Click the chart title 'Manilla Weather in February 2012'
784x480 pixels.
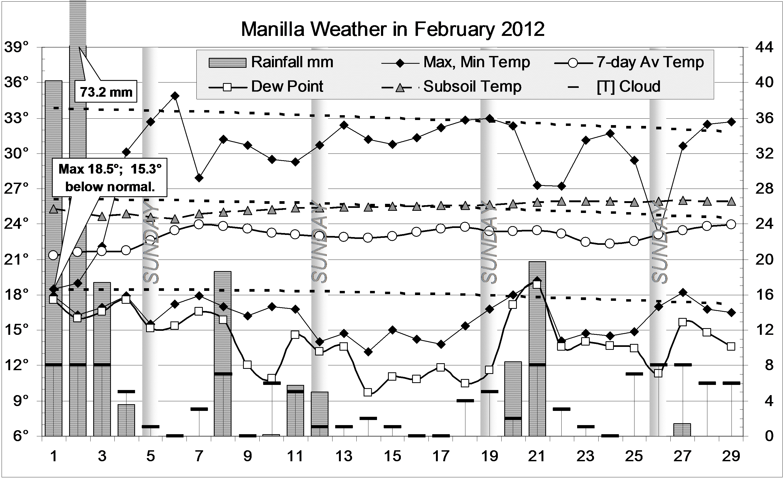(x=393, y=29)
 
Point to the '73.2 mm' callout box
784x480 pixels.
(x=106, y=92)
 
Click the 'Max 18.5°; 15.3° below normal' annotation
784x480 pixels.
(x=110, y=178)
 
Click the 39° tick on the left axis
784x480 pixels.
(x=17, y=48)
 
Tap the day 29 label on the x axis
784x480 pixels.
(x=731, y=456)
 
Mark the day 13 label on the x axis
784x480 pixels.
(x=344, y=456)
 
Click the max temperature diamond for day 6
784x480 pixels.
(x=175, y=96)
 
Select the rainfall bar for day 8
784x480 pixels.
(x=223, y=353)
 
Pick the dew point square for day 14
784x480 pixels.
(x=368, y=392)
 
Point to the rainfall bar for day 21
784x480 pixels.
(x=537, y=348)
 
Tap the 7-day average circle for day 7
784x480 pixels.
(x=199, y=224)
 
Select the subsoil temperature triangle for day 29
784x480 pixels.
(x=731, y=201)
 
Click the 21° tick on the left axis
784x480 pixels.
(x=17, y=260)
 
